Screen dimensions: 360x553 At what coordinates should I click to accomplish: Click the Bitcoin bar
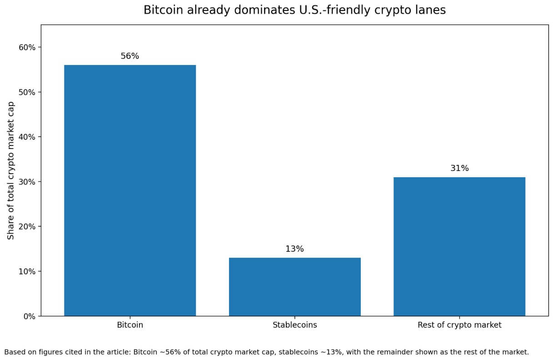[130, 190]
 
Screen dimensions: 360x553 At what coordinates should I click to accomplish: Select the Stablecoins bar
[294, 287]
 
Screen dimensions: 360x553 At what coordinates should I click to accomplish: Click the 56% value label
[130, 56]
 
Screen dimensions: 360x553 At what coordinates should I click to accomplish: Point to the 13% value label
[294, 249]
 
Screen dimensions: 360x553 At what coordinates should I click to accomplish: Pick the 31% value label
[459, 168]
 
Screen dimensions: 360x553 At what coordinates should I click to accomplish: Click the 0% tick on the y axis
[29, 316]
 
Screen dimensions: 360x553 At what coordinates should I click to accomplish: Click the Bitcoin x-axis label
[130, 325]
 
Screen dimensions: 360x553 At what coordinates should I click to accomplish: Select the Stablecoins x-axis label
[294, 325]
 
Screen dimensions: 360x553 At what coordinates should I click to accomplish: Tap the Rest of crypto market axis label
[459, 325]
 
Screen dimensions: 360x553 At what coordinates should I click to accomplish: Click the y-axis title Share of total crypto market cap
[11, 170]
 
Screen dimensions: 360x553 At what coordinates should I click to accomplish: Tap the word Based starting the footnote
[14, 352]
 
